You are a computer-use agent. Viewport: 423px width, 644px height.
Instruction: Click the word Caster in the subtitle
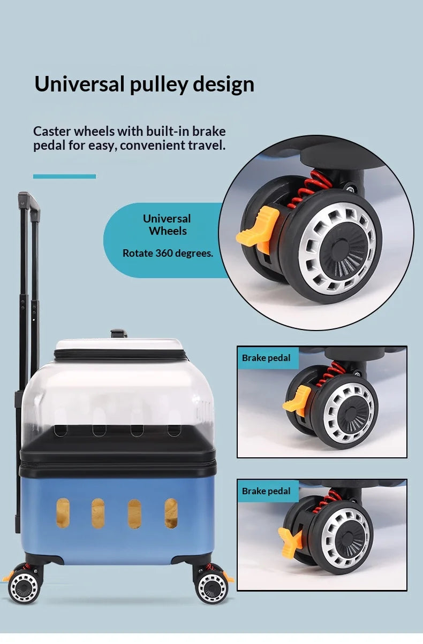point(52,132)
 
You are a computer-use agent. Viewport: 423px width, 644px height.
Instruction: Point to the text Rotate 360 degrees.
point(168,253)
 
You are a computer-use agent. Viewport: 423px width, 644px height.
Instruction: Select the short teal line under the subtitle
point(64,176)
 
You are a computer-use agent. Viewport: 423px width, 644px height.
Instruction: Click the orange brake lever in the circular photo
point(258,231)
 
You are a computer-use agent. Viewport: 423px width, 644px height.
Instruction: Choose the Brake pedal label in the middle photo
point(266,358)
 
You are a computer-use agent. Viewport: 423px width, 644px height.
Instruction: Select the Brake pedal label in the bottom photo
point(266,491)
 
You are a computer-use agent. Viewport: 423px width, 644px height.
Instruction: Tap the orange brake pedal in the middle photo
point(297,401)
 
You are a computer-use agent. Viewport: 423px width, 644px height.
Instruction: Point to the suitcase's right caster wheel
point(211,588)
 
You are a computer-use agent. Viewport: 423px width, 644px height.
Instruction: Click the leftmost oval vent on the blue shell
point(63,513)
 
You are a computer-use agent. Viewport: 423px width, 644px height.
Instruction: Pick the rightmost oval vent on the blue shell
point(171,513)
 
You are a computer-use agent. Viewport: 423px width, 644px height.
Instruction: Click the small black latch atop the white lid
point(119,333)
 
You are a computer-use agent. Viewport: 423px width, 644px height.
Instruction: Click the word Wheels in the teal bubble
point(168,231)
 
